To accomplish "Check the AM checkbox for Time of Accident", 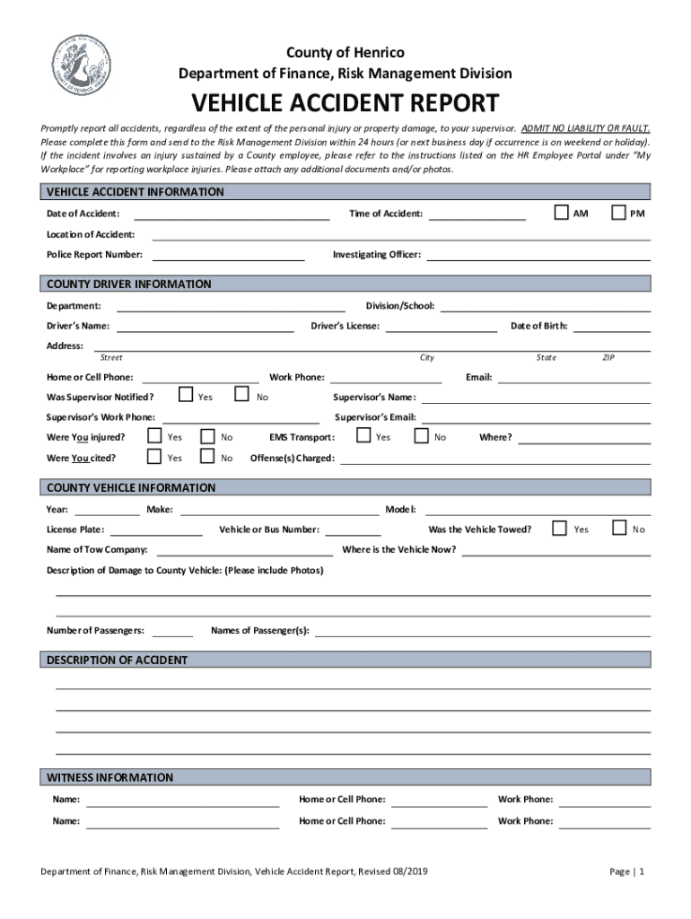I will click(561, 213).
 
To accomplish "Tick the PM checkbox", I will click(618, 213).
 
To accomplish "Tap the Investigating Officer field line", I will click(538, 256).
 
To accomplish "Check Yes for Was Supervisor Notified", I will click(186, 394).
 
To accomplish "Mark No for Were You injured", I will click(207, 436).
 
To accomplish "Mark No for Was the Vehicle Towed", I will click(618, 527).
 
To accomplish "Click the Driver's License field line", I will click(441, 328).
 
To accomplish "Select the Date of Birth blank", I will click(612, 328).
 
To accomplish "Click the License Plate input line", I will click(156, 531).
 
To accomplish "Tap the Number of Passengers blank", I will click(172, 633).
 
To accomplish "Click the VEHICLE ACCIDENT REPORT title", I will click(345, 102).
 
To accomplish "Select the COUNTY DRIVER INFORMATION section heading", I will click(129, 284).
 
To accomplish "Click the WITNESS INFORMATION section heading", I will click(110, 777).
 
